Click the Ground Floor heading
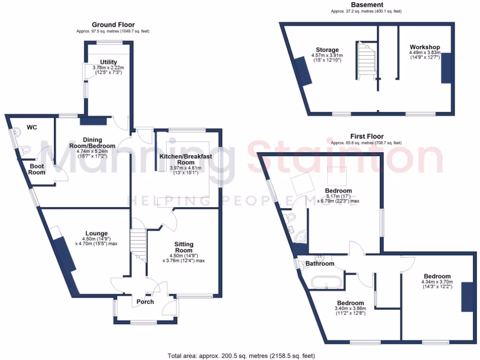(113, 25)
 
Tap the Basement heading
(366, 5)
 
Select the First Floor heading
(366, 136)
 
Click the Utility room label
(108, 62)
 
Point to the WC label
(32, 127)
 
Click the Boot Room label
(37, 169)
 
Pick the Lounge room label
(97, 233)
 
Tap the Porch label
(145, 301)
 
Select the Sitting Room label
(183, 247)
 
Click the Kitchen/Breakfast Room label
(184, 159)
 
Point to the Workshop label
(424, 47)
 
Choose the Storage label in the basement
(327, 50)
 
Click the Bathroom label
(320, 263)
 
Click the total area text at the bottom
(241, 355)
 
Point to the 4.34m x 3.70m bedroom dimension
(435, 284)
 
